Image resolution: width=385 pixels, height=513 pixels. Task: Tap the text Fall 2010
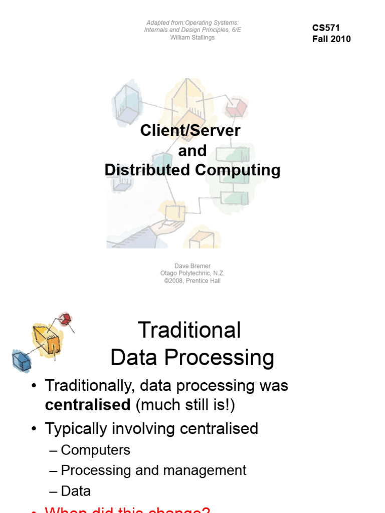click(x=331, y=39)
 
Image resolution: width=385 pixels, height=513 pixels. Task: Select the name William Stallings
click(x=192, y=38)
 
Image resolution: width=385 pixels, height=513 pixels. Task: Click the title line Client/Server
click(x=190, y=131)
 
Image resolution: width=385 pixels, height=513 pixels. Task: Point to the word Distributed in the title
click(x=147, y=170)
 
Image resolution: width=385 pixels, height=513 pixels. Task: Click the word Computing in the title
click(x=238, y=170)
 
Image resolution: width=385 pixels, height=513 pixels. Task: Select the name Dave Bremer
click(x=192, y=266)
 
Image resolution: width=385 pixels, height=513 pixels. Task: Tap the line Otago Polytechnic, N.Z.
click(x=192, y=274)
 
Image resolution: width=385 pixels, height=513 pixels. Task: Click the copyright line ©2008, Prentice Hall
click(x=192, y=281)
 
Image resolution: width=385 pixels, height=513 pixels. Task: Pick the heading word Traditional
click(x=189, y=331)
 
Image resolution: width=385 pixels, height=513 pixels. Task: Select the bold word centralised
click(x=88, y=405)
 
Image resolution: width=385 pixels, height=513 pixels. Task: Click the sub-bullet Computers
click(x=95, y=450)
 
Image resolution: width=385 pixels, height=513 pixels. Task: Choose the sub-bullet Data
click(x=76, y=491)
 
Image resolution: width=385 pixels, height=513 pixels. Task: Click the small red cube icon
click(x=65, y=319)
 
